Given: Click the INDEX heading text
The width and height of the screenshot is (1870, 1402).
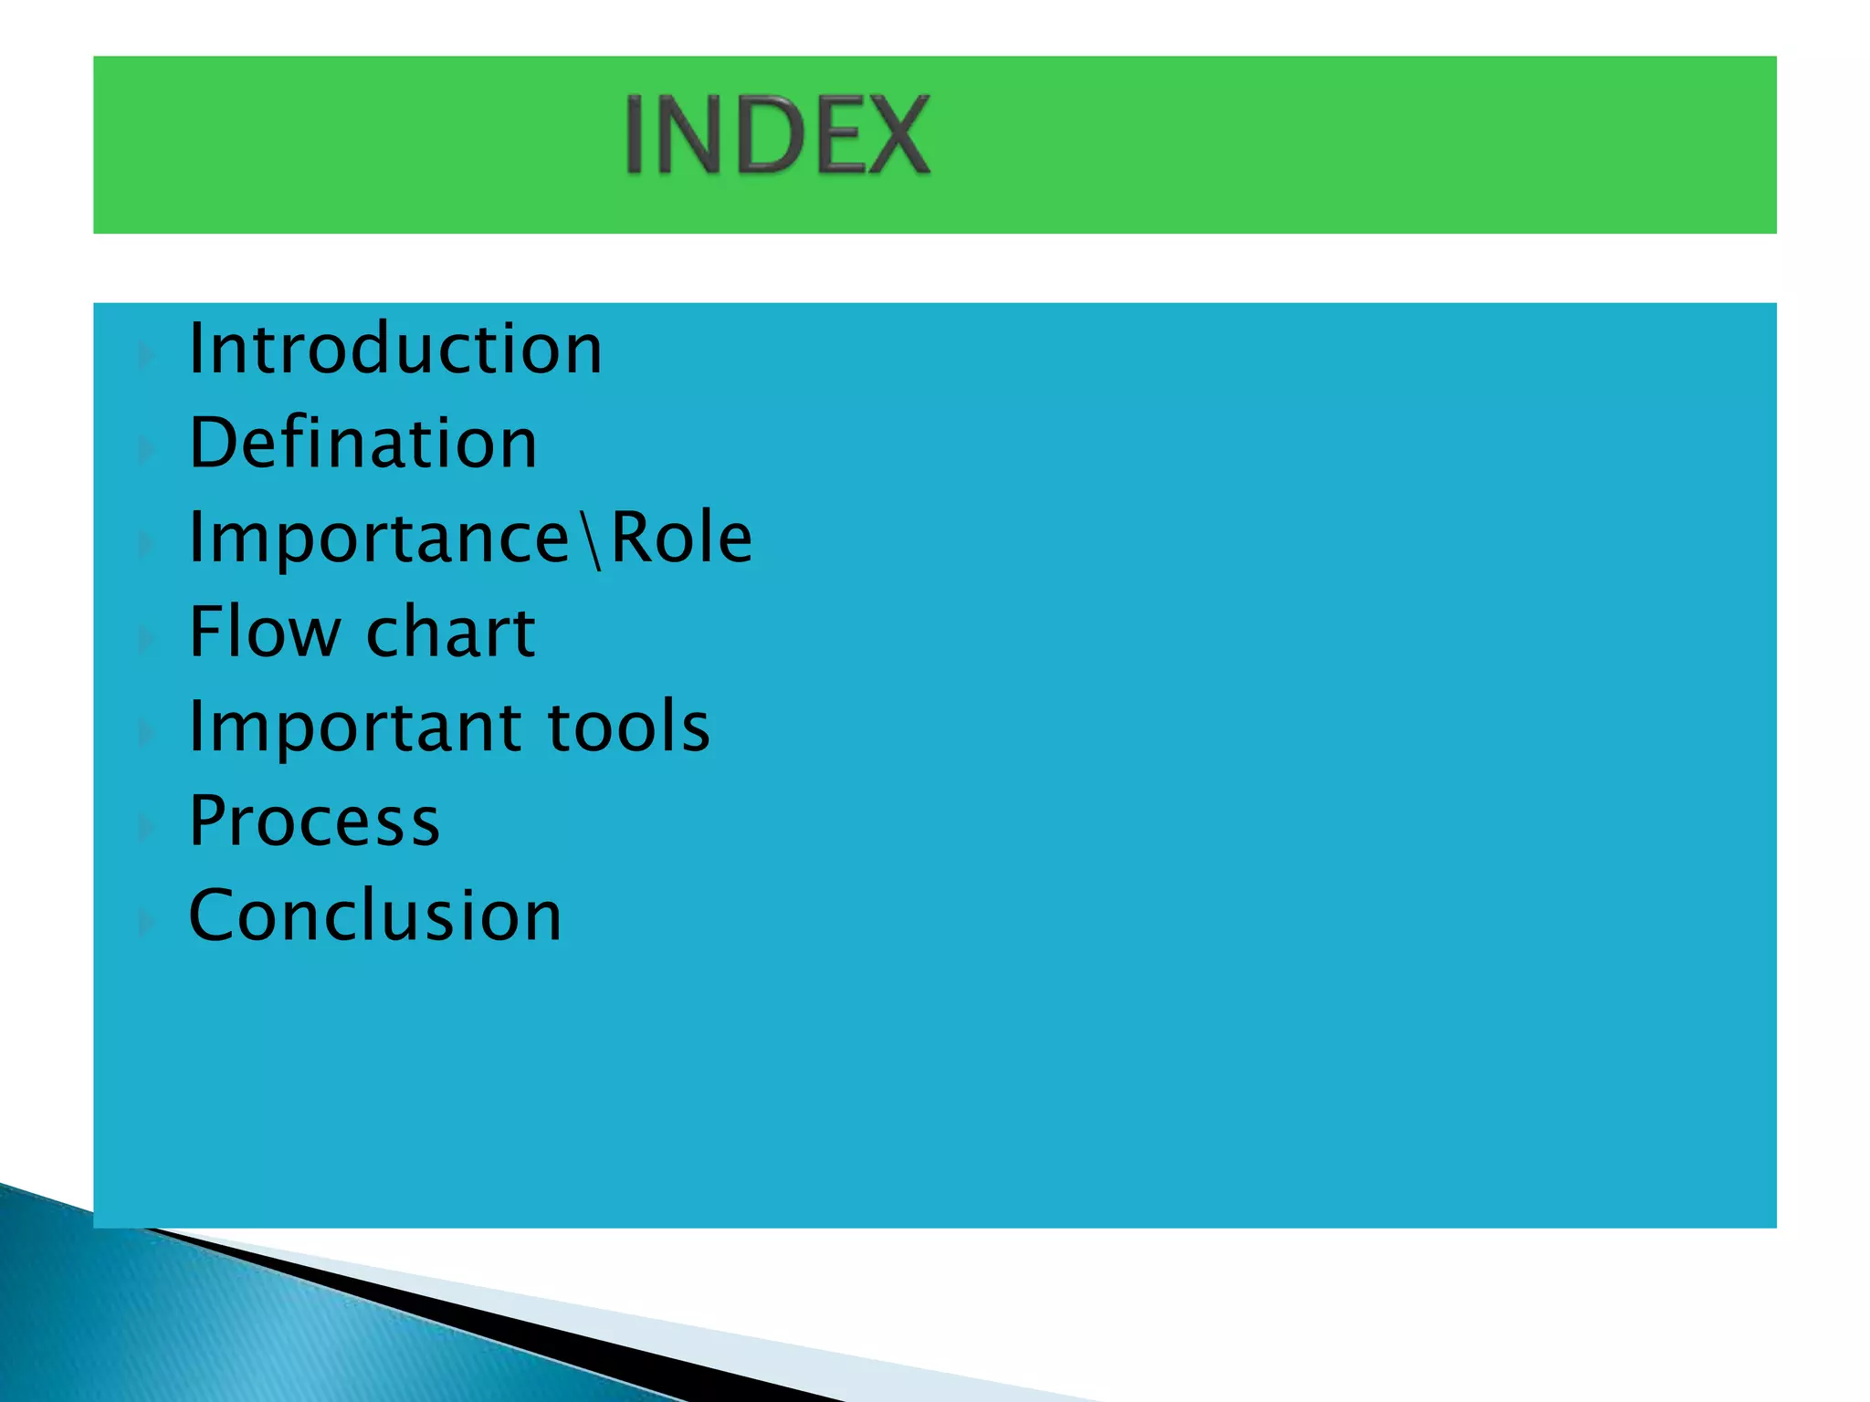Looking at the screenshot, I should (x=777, y=136).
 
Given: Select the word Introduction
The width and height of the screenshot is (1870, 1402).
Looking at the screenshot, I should (x=395, y=349).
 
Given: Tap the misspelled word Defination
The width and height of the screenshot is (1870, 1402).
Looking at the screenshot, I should (x=363, y=443).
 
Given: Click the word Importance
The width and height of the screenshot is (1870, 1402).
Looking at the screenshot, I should (x=380, y=539).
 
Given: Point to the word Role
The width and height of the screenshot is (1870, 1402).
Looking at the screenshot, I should (x=681, y=538).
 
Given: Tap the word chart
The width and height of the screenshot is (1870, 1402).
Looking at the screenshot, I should (x=451, y=632).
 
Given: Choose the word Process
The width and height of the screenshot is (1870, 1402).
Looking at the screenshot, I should (x=314, y=821).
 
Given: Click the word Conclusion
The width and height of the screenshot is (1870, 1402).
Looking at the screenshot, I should (x=375, y=915).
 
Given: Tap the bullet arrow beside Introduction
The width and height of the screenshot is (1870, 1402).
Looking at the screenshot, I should (x=146, y=356).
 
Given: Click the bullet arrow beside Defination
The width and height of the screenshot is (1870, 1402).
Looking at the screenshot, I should (x=146, y=450).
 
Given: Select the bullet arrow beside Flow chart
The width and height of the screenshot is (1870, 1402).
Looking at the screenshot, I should (x=146, y=639).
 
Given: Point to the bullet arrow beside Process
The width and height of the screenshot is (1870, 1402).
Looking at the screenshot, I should (x=146, y=828).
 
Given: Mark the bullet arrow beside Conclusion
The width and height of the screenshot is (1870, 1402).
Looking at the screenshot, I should (x=146, y=923).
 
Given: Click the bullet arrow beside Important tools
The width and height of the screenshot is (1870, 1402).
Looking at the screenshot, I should (x=146, y=733).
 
